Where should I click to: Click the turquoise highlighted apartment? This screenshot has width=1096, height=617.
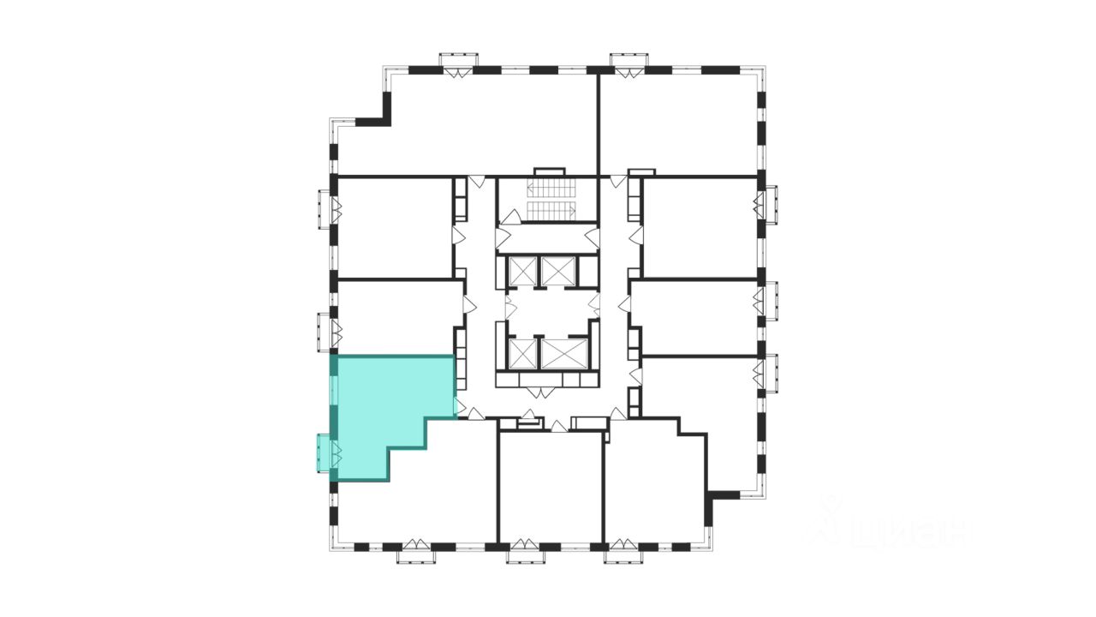point(385,403)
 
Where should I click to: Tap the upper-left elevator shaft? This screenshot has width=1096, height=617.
point(521,271)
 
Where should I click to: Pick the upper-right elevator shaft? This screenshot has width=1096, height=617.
point(559,271)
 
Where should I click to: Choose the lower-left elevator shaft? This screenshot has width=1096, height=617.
point(521,354)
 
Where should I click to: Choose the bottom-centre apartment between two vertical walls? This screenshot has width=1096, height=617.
point(551,488)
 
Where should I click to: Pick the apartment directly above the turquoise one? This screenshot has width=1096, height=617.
point(394,315)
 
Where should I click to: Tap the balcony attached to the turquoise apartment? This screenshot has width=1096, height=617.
point(325,452)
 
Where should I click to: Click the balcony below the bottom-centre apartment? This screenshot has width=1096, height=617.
point(526,555)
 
